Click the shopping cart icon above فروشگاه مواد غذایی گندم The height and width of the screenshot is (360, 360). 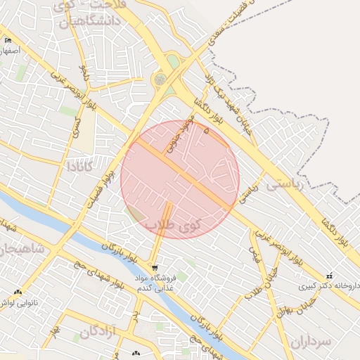point(154,268)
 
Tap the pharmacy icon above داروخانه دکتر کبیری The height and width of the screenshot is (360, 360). point(329,276)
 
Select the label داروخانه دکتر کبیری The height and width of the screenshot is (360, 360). point(327,286)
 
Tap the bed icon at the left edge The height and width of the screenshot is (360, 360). point(8,40)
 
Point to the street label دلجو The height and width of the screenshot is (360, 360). point(86,72)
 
